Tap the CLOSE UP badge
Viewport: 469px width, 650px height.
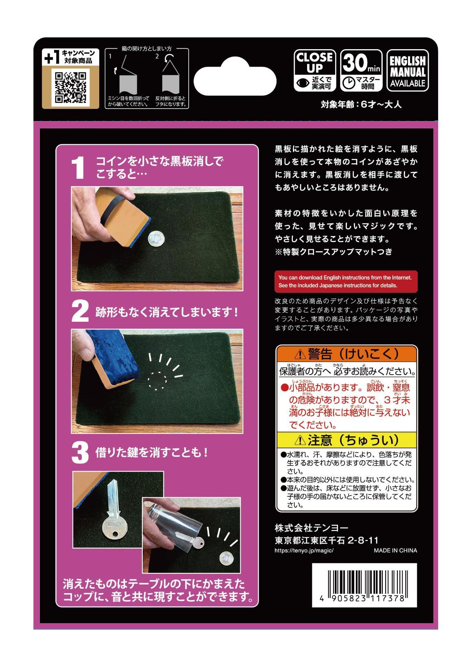314,70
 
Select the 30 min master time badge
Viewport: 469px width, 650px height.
361,70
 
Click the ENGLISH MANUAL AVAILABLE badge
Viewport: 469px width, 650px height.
407,70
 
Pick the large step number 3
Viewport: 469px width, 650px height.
80,453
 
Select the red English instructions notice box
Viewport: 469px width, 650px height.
345,281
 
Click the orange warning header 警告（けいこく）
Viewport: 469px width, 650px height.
347,354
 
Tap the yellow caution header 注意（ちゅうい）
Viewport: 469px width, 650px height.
347,440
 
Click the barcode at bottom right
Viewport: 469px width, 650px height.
364,585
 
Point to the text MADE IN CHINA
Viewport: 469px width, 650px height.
395,550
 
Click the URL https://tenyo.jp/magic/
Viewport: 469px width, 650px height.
304,550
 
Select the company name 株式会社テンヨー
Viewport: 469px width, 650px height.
311,528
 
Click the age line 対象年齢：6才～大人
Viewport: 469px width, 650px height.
360,104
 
